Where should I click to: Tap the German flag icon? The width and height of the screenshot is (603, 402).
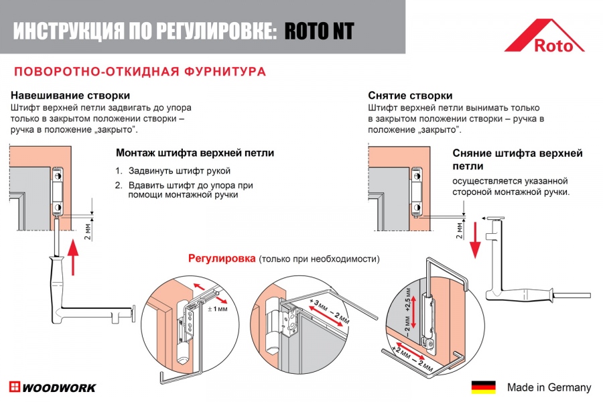tap(483, 387)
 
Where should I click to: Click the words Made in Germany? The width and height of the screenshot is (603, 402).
tap(549, 387)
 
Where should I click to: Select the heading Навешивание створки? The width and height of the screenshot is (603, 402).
tap(70, 96)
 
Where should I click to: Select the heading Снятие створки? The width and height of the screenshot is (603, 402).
tap(410, 96)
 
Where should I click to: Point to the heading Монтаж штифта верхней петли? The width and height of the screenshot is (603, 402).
tap(195, 153)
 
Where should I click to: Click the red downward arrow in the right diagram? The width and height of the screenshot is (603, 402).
tap(475, 241)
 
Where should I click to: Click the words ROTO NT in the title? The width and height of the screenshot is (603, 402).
tap(319, 31)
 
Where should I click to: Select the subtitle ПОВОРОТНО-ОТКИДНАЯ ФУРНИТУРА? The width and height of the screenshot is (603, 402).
tap(140, 72)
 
